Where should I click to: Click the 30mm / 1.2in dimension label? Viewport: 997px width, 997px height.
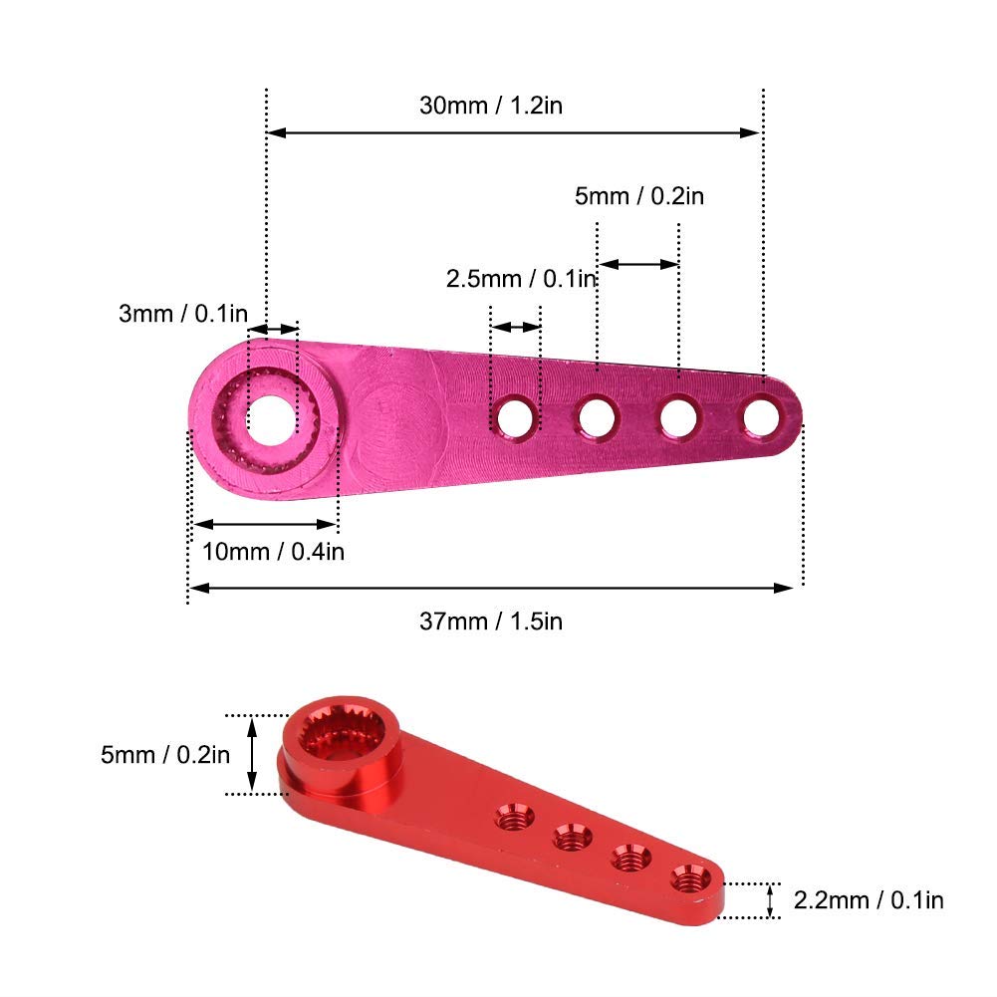click(491, 105)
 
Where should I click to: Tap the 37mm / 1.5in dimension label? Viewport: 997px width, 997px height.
click(491, 621)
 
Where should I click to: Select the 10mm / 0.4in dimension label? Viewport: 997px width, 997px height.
click(274, 551)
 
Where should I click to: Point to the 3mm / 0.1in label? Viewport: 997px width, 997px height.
click(183, 313)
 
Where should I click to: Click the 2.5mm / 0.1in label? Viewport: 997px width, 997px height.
click(521, 279)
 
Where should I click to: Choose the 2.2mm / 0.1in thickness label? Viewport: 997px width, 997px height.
click(869, 899)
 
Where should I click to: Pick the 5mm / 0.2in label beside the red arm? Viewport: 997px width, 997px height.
click(165, 755)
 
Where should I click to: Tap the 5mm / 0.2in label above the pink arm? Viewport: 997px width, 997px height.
click(639, 196)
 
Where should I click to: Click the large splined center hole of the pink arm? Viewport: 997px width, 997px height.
click(272, 420)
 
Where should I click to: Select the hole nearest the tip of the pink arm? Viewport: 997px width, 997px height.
click(762, 417)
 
